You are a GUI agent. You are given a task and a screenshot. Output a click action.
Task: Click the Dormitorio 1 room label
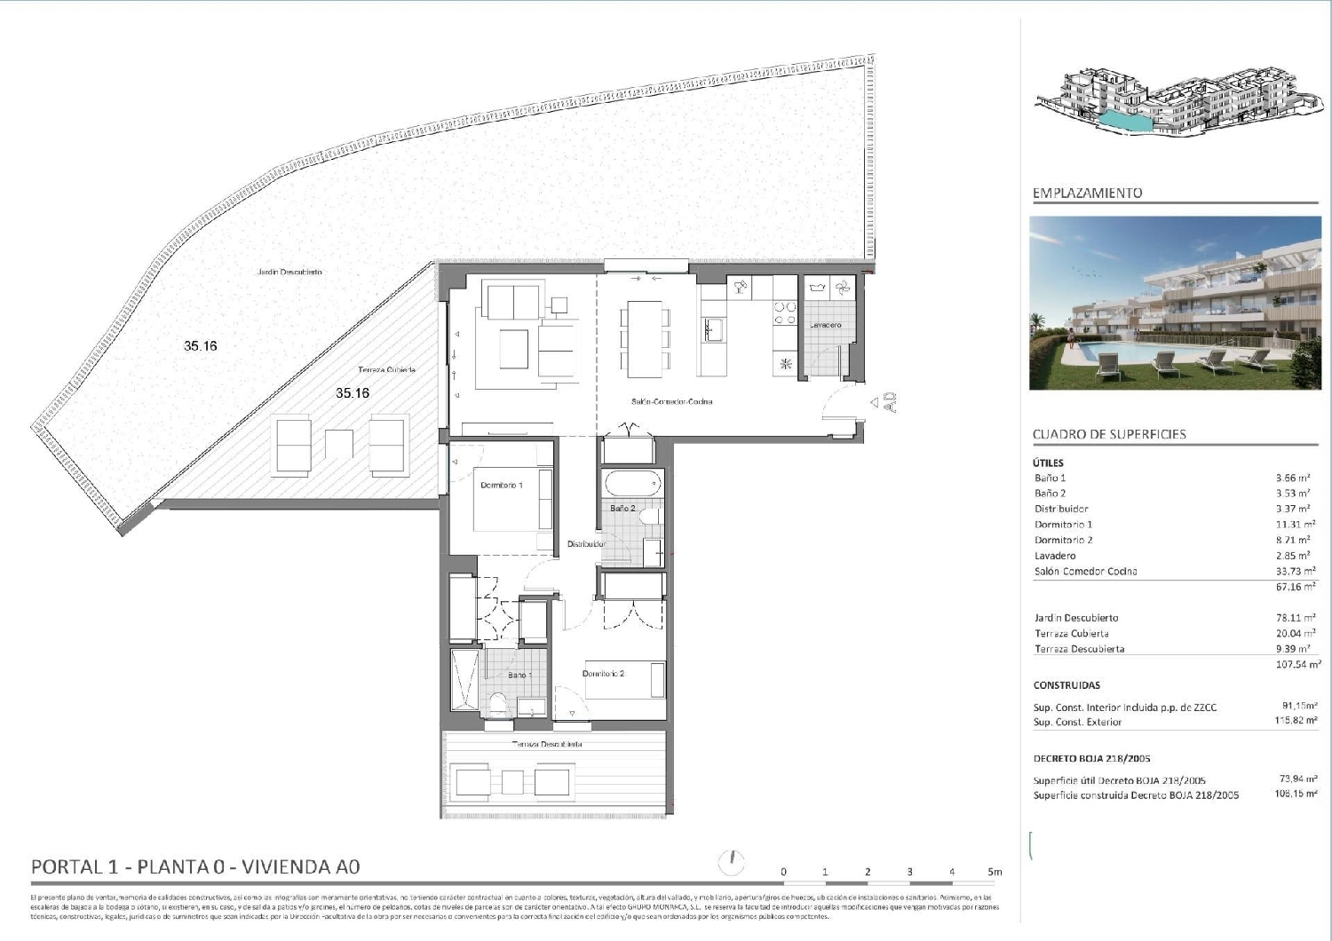tap(501, 486)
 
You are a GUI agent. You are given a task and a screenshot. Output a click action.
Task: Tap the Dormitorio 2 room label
tap(603, 674)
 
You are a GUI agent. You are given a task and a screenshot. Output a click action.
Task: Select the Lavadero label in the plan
tap(825, 325)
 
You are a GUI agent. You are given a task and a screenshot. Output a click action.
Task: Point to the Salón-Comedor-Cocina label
tap(671, 401)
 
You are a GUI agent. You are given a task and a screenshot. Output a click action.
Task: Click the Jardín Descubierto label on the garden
tap(289, 272)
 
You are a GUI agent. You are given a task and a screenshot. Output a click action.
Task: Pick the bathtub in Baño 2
tap(632, 486)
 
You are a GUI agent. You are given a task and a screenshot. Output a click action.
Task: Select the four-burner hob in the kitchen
tap(784, 312)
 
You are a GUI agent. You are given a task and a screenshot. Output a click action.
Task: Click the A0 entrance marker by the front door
tap(890, 402)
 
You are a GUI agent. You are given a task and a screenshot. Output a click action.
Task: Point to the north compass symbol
tap(734, 860)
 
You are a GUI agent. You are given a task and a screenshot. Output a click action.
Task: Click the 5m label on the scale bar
tap(995, 872)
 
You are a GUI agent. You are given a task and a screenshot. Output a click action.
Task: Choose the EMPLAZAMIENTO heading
tap(1087, 193)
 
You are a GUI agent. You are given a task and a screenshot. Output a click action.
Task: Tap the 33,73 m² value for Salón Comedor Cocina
tap(1296, 572)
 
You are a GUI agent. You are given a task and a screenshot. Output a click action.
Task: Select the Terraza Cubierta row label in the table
tap(1071, 634)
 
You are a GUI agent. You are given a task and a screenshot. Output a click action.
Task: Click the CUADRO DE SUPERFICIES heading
tap(1109, 434)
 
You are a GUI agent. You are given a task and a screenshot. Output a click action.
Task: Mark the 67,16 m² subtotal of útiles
tap(1296, 587)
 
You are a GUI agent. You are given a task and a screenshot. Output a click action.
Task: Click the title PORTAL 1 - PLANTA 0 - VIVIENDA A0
tap(195, 866)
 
